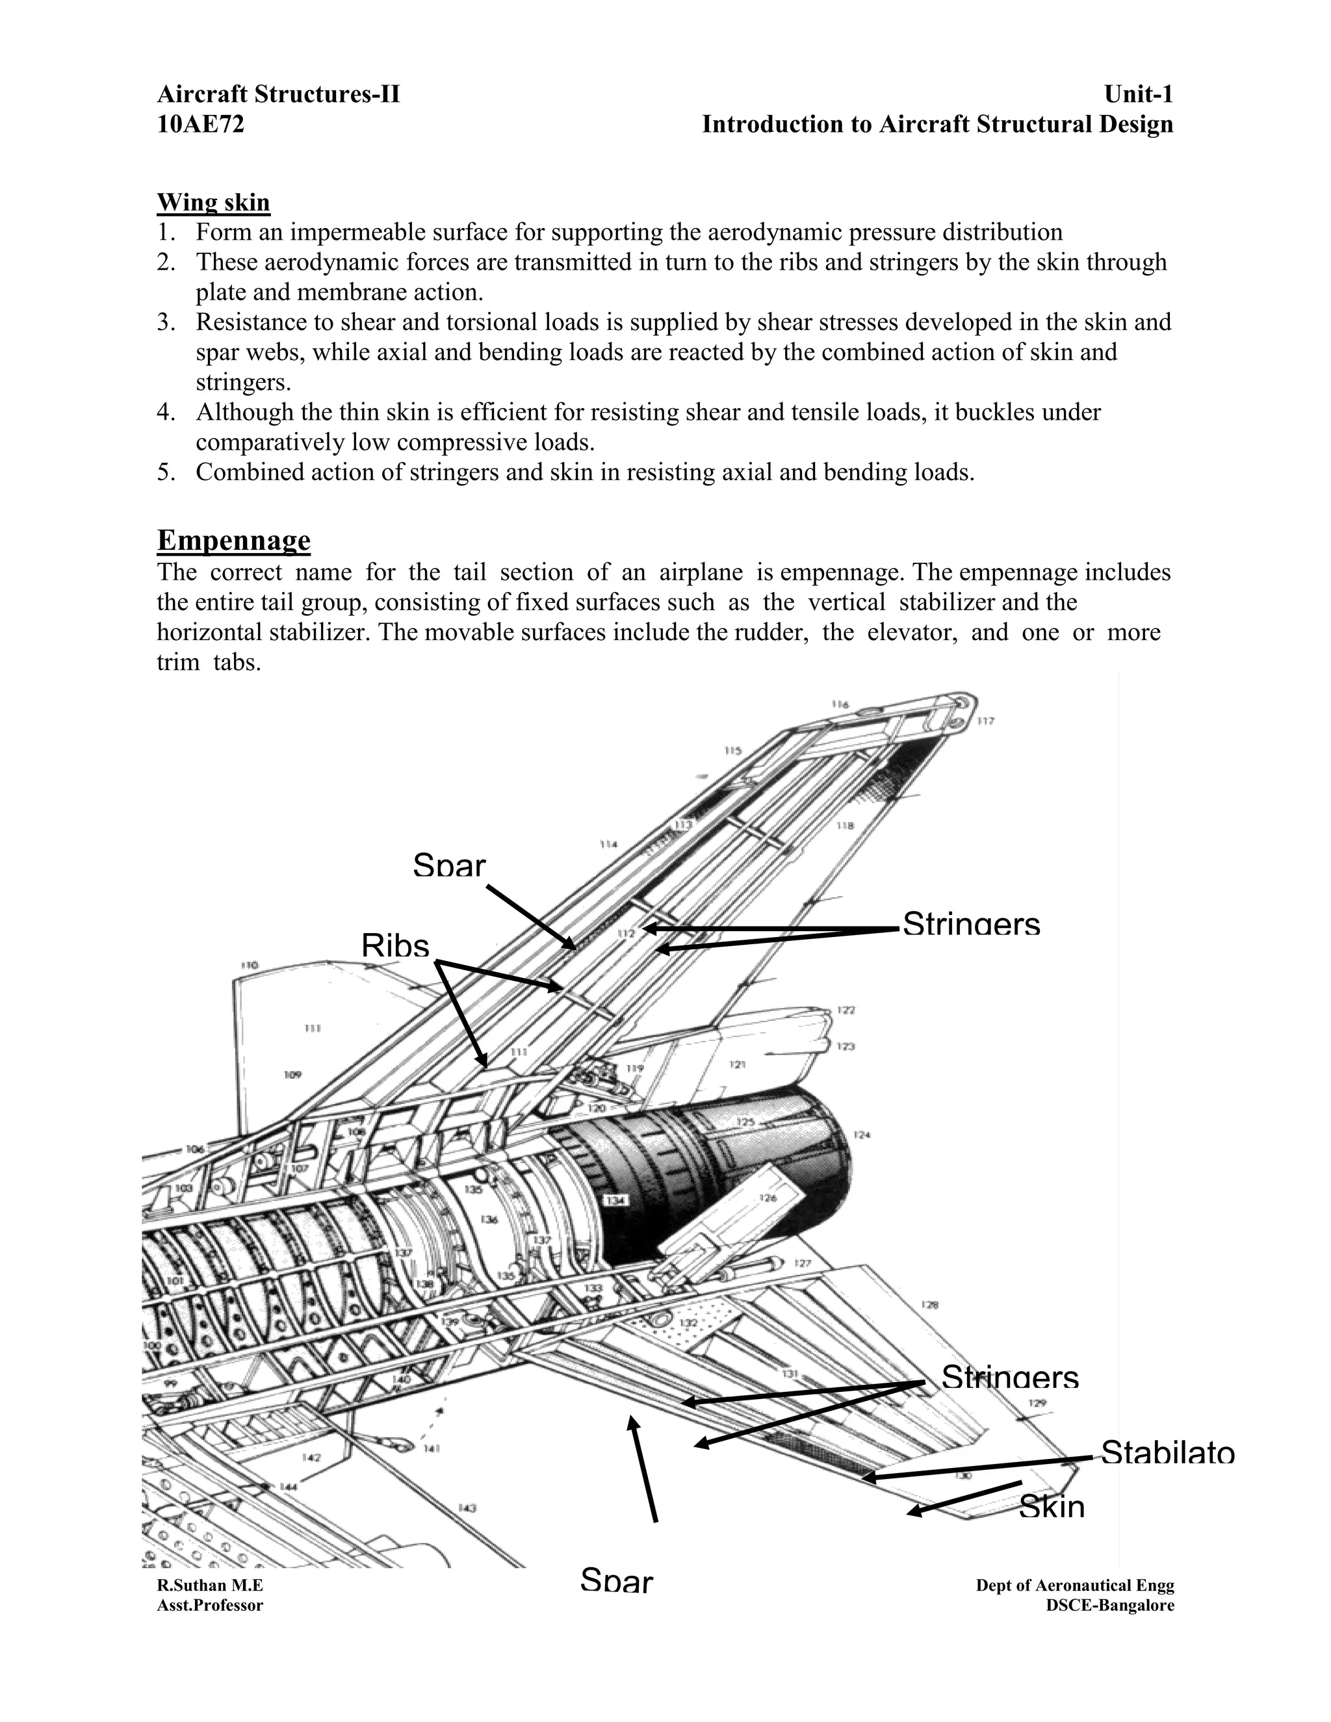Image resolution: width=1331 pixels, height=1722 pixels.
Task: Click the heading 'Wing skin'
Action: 213,202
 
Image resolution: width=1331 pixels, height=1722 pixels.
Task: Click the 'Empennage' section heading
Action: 233,540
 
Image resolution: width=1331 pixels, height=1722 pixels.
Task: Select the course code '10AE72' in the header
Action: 200,125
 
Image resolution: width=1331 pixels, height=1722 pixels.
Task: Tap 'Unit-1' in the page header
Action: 1138,95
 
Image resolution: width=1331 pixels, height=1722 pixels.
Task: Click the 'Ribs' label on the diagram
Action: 395,945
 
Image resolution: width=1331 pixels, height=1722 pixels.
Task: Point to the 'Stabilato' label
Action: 1167,1452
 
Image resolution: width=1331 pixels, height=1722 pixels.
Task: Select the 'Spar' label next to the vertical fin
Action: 448,866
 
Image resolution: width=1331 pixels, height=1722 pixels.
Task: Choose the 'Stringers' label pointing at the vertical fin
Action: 971,923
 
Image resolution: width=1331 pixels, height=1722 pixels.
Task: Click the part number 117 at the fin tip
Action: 986,721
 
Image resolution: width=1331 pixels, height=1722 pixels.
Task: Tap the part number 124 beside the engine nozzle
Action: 862,1135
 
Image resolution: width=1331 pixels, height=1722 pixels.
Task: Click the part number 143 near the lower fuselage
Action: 467,1508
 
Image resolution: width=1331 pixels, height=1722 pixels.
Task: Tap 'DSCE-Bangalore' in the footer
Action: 1109,1605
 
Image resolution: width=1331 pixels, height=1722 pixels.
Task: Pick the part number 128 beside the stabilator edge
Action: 929,1305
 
